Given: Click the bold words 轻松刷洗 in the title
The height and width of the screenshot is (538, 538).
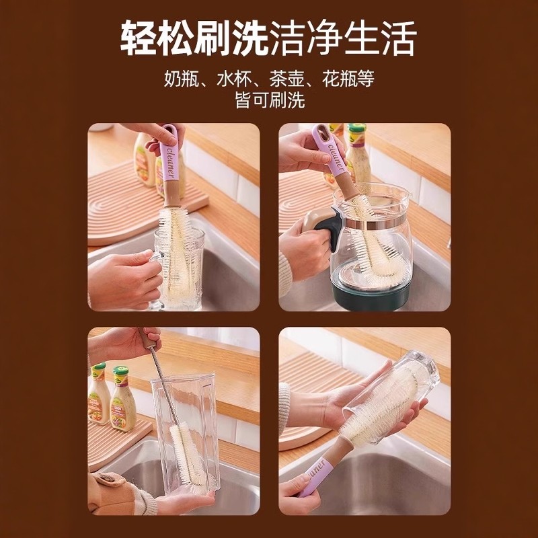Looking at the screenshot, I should pos(194,38).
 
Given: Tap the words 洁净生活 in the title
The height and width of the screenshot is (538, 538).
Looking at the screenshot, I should pos(343,38).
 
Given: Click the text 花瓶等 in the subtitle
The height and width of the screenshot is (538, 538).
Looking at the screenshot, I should pos(346,78).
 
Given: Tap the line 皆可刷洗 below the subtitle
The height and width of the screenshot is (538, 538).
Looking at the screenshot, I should pos(269,100).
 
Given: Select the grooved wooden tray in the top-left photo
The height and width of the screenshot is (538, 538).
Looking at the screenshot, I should pos(124,202).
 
